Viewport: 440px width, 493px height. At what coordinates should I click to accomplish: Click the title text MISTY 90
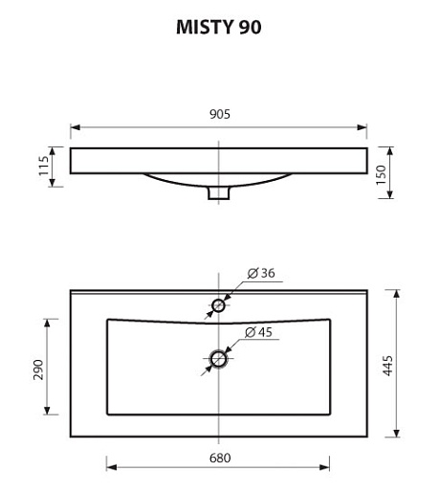219,27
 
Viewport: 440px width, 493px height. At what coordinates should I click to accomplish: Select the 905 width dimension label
220,114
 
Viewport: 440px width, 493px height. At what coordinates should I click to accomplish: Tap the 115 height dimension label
43,166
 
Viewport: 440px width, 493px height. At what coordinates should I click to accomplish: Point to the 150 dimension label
381,174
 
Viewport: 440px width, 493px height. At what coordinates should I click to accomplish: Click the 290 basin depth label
38,370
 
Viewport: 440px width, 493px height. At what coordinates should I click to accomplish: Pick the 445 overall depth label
388,366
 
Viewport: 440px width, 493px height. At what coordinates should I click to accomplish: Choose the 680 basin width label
220,459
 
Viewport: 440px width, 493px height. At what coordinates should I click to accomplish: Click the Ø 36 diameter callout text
261,273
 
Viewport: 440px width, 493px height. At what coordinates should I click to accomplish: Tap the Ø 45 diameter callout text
258,332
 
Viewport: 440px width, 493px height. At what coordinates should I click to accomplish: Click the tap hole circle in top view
218,300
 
